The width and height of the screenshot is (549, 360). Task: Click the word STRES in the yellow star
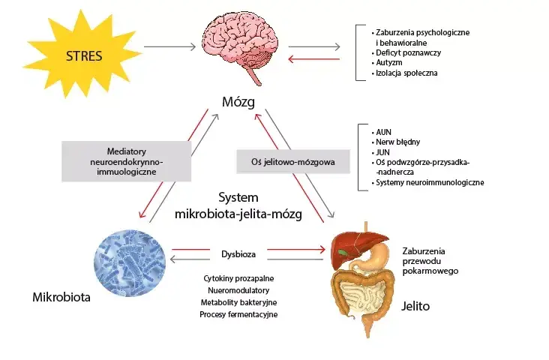coord(84,56)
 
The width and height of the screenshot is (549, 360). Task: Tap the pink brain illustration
coord(240,48)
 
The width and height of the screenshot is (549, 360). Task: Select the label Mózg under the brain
coord(238,102)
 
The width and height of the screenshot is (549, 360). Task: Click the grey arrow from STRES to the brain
coord(169,46)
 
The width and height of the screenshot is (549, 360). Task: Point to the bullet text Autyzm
coord(389,63)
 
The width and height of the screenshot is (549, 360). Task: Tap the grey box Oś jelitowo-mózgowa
coord(293,162)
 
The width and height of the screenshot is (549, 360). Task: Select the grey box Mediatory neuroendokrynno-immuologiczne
coord(127,161)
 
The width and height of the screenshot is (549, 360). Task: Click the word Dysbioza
coord(238,254)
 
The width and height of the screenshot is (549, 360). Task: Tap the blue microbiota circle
coord(130,263)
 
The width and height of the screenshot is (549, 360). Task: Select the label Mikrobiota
coord(61,297)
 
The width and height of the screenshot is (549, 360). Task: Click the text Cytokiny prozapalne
coord(238,278)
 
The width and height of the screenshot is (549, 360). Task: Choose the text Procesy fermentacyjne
coord(238,314)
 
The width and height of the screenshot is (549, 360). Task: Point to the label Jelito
coord(415,306)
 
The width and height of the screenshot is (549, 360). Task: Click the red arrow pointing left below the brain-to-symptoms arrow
coord(314,59)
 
